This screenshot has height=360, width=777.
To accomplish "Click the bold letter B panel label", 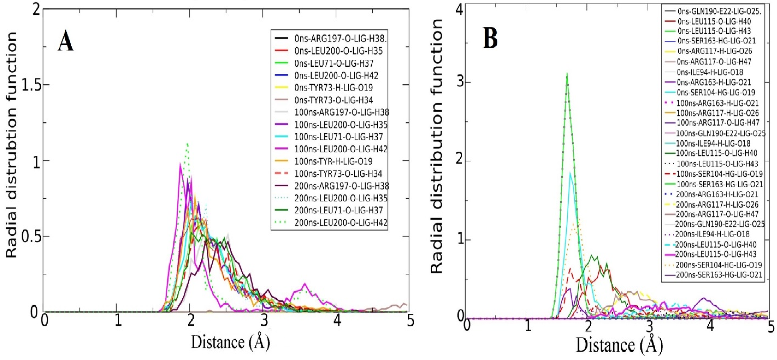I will (490, 39).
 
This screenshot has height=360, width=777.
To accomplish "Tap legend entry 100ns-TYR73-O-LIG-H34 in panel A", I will (338, 174).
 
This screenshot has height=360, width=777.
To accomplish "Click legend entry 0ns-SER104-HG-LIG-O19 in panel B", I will (716, 93).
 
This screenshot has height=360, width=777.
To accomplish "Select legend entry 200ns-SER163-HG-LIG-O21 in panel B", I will (719, 275).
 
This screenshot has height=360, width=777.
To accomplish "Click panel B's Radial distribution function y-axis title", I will (436, 146).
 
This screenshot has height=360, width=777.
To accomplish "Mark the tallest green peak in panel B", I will (567, 74).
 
